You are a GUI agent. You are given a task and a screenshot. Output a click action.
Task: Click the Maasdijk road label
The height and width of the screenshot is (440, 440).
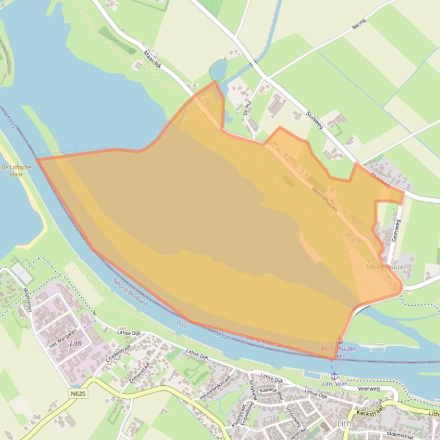[x=153, y=58]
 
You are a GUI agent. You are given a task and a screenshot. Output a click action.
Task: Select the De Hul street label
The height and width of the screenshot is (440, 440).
[x=247, y=108]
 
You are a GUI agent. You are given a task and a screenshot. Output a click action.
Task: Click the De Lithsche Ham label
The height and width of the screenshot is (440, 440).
[x=12, y=171]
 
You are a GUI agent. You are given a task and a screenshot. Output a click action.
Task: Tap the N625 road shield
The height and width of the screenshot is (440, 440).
[x=79, y=394]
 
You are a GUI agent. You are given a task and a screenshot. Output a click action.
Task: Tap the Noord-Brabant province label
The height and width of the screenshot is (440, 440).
[x=130, y=292]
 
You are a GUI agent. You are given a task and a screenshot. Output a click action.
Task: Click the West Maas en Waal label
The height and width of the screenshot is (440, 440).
[x=273, y=344]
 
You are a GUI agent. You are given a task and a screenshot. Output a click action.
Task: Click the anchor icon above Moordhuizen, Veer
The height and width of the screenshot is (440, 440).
[x=339, y=341]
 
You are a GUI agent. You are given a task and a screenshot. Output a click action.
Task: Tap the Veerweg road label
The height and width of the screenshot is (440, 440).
[x=369, y=388]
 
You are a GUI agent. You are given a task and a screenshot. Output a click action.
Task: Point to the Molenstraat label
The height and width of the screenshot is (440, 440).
[x=399, y=435]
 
